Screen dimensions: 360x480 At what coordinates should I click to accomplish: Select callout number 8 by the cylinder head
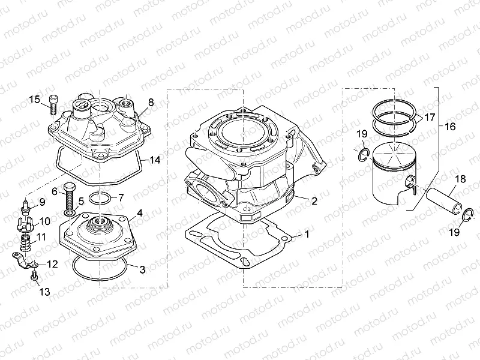click(151, 103)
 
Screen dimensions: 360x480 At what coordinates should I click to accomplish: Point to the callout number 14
click(155, 161)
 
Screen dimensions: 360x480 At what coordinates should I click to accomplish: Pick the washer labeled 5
click(70, 213)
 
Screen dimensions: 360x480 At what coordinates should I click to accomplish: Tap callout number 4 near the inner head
click(139, 212)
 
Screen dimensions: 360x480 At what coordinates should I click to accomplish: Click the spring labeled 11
click(26, 242)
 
